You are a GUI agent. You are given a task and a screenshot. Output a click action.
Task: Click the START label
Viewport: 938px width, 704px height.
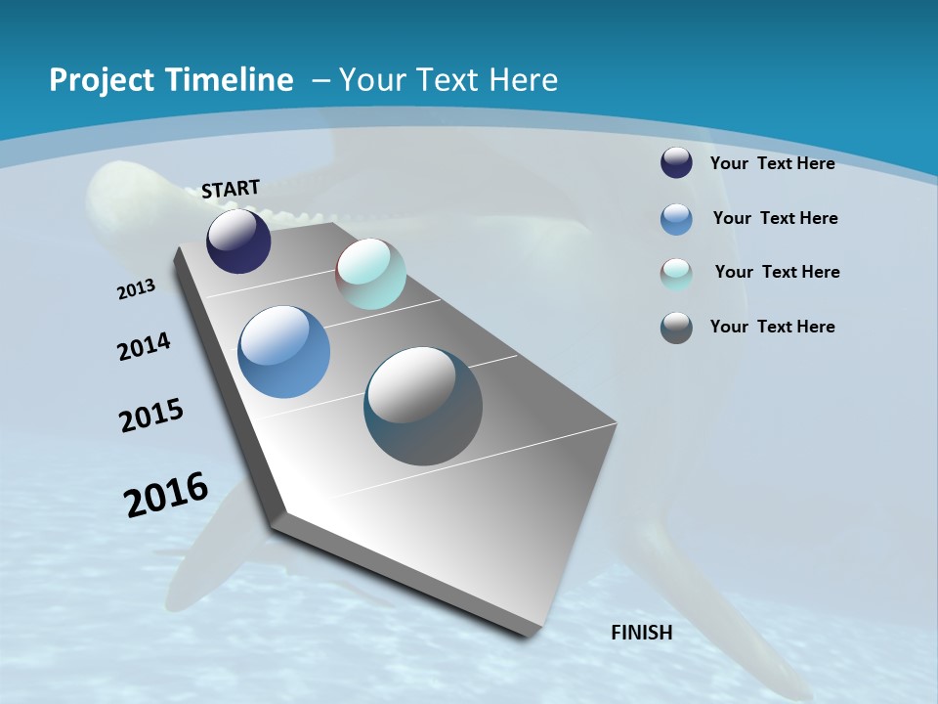point(231,189)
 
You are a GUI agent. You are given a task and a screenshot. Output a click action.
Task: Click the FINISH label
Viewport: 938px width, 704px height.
point(642,633)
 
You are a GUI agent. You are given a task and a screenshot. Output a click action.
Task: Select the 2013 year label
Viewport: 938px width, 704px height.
point(137,289)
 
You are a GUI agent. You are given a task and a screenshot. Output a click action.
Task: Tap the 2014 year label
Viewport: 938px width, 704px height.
point(145,346)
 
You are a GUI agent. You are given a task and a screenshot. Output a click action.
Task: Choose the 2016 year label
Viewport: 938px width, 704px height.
point(166,495)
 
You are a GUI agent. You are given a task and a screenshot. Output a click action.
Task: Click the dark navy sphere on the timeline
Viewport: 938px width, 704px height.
point(238,242)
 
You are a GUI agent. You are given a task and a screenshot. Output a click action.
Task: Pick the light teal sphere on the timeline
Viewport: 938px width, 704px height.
point(371,274)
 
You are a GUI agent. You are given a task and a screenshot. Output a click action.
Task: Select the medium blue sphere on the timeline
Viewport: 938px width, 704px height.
point(283,352)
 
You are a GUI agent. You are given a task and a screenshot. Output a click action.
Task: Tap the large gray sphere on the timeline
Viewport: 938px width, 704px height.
point(423,406)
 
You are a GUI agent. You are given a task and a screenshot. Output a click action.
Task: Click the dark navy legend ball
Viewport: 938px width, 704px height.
point(676,163)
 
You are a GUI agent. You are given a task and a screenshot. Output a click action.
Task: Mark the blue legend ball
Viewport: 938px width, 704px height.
point(676,219)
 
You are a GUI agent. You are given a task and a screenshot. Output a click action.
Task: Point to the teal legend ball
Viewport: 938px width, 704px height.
point(676,274)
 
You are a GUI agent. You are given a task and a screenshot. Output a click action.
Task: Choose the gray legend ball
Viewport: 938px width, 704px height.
point(676,328)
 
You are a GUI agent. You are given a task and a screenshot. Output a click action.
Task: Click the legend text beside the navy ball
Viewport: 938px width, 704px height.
point(772,163)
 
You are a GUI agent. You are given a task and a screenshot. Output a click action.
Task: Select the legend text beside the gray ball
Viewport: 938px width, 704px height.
point(772,327)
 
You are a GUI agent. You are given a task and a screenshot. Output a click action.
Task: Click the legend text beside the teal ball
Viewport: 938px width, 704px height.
point(777,272)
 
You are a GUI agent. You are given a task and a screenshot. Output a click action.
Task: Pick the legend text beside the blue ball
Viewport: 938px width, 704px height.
point(775,218)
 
